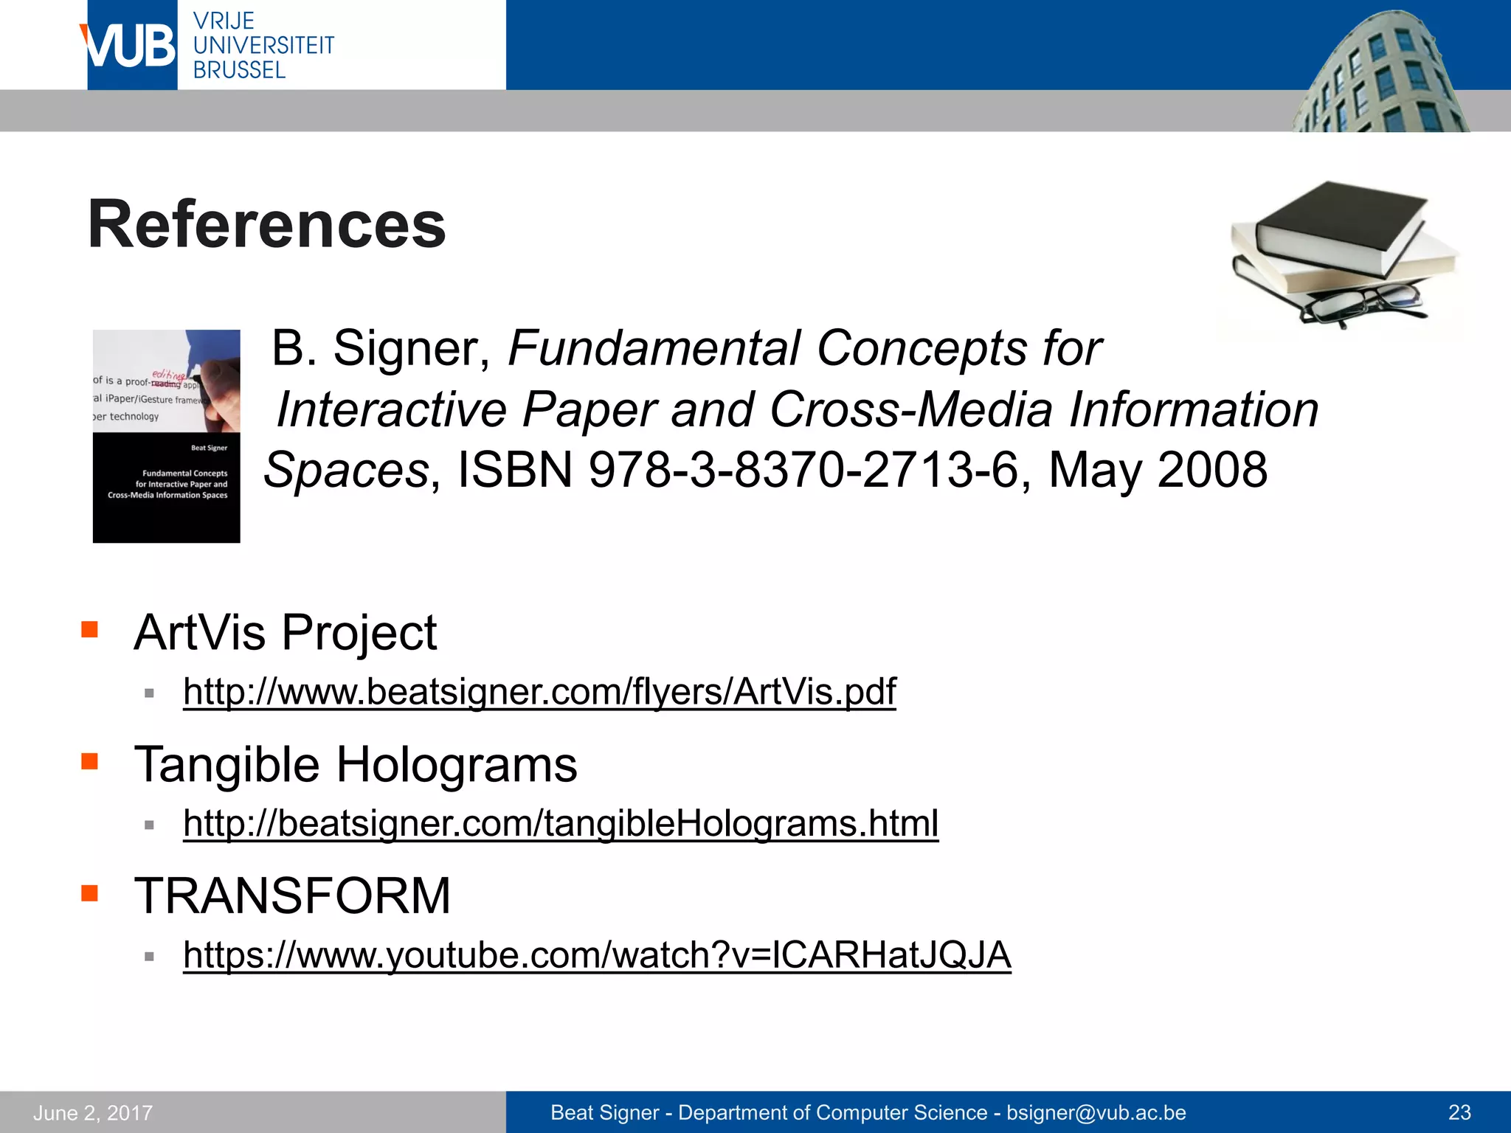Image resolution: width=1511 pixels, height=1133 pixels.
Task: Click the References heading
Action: click(x=266, y=224)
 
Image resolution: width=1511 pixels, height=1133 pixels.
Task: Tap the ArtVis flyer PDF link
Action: click(x=539, y=692)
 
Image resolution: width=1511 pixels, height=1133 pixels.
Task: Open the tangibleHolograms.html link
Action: click(x=561, y=823)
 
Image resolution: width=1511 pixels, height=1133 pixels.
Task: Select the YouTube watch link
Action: click(x=597, y=955)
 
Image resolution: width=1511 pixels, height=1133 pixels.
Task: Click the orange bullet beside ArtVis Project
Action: click(x=90, y=629)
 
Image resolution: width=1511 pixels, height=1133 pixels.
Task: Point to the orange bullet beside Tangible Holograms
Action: click(x=90, y=761)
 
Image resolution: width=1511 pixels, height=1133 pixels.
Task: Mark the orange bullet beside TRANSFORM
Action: click(x=90, y=893)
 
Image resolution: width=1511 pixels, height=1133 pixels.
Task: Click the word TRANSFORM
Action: click(x=292, y=896)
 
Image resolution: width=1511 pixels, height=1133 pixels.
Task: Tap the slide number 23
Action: click(x=1459, y=1112)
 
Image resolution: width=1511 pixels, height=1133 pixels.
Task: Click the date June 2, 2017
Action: click(x=93, y=1112)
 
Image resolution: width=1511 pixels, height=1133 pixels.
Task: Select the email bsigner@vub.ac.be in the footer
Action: click(x=1096, y=1112)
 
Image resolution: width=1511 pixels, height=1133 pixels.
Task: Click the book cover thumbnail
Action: click(x=167, y=436)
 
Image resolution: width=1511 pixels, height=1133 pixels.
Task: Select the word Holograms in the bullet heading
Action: click(x=457, y=764)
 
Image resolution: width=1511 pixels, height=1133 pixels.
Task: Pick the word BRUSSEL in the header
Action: click(x=239, y=70)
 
